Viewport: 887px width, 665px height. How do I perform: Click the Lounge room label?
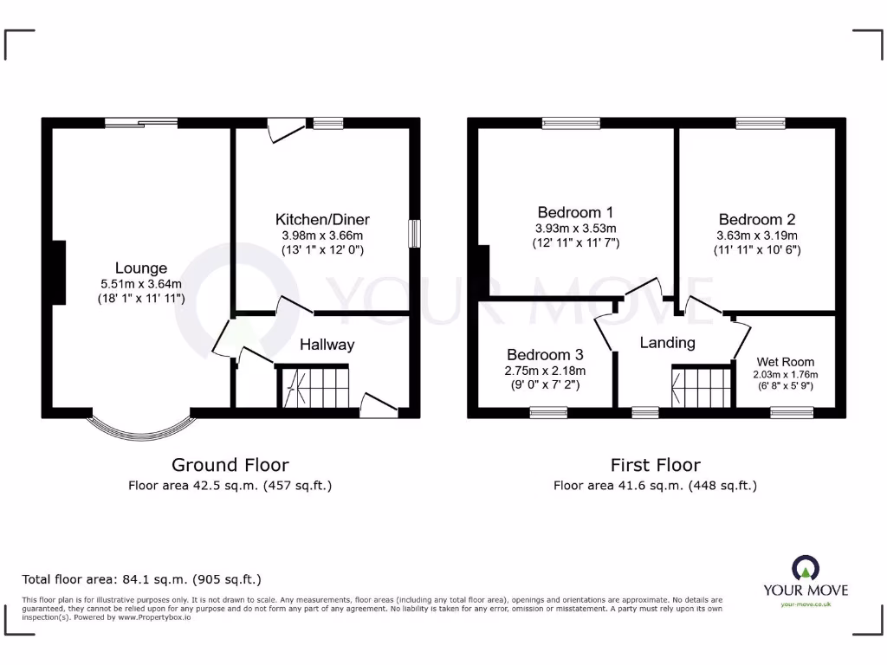coord(141,268)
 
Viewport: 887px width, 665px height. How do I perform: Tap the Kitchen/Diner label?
coord(322,219)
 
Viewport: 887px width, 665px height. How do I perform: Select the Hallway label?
coord(327,345)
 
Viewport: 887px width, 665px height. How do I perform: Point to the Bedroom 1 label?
coord(575,212)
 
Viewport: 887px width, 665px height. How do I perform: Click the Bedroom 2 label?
coord(756,220)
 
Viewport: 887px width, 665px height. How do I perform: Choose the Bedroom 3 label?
coord(545,355)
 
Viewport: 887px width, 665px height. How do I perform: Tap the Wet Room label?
coord(785,362)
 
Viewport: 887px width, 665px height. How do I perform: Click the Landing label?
coord(667,343)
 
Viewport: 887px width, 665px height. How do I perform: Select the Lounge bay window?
coord(141,427)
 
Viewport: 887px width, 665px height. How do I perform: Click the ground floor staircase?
coord(314,385)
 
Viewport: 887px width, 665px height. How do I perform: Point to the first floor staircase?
coord(702,385)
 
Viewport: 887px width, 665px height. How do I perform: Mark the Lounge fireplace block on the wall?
coord(58,273)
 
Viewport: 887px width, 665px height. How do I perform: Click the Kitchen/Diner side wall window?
coord(415,234)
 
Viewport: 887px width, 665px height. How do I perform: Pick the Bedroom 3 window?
coord(547,413)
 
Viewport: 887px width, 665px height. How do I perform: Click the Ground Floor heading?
coord(230,465)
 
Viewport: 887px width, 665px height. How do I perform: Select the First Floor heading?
coord(655,465)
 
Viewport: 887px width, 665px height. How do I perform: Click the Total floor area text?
coord(141,579)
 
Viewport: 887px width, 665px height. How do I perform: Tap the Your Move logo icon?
coord(805,568)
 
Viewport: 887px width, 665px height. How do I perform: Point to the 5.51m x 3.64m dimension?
coord(141,284)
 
